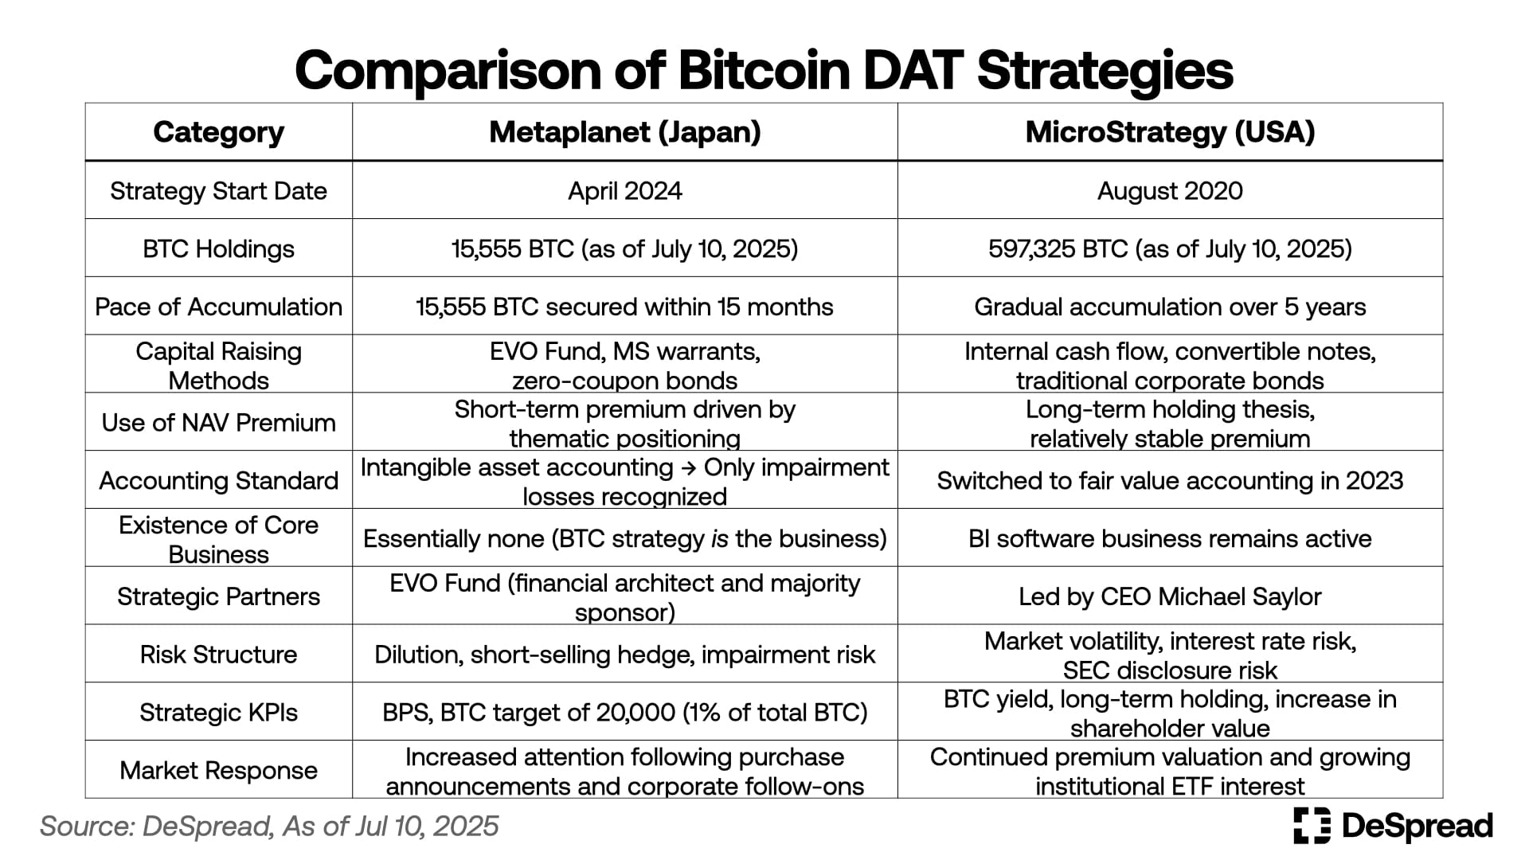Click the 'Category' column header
[218, 133]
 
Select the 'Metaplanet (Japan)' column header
[625, 132]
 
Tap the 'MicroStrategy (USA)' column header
[1170, 132]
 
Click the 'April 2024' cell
[625, 191]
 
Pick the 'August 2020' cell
[1170, 191]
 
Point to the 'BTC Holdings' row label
[218, 249]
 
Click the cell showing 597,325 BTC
[1170, 249]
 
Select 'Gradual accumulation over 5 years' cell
[1170, 307]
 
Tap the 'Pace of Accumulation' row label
[218, 307]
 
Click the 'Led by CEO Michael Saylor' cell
[1170, 597]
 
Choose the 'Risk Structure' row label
[218, 655]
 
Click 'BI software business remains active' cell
[1170, 539]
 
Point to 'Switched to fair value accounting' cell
[1170, 481]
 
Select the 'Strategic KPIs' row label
[218, 713]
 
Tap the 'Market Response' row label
[218, 771]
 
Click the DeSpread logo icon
[1312, 825]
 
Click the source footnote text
[269, 827]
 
